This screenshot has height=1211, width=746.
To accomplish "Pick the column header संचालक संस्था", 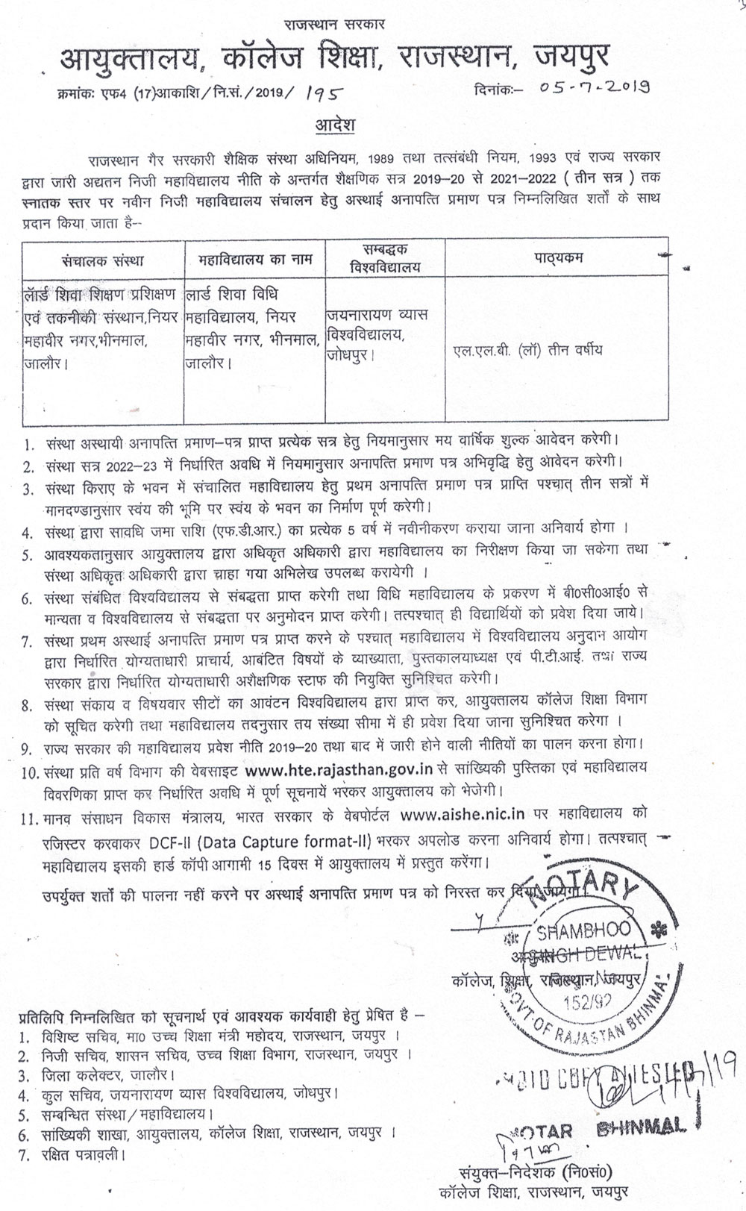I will click(x=104, y=260).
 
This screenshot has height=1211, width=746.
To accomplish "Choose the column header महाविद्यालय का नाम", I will click(x=256, y=260).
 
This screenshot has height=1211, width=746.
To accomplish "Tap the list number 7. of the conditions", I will click(x=28, y=642).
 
